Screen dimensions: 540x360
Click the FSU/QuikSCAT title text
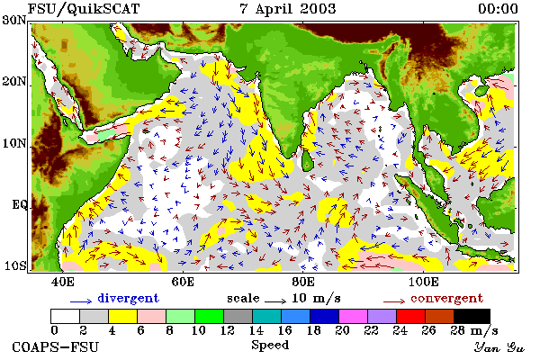pyautogui.click(x=84, y=9)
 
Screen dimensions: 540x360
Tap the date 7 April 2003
pyautogui.click(x=288, y=9)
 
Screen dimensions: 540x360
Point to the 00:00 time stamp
pyautogui.click(x=498, y=9)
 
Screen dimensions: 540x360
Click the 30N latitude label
pyautogui.click(x=14, y=20)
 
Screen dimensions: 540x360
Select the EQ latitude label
pyautogui.click(x=19, y=205)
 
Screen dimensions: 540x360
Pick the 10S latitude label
pyautogui.click(x=14, y=266)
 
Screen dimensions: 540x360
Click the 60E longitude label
pyautogui.click(x=183, y=282)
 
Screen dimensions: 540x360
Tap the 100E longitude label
pyautogui.click(x=424, y=282)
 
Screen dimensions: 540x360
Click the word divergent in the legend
pyautogui.click(x=128, y=298)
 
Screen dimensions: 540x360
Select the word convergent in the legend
pyautogui.click(x=447, y=298)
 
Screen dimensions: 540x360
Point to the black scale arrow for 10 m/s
pyautogui.click(x=275, y=301)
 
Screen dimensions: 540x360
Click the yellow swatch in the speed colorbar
pyautogui.click(x=123, y=316)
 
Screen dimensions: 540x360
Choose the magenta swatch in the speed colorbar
pyautogui.click(x=353, y=316)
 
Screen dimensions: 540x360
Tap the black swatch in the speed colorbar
pyautogui.click(x=472, y=316)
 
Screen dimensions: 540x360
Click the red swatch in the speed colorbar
pyautogui.click(x=410, y=316)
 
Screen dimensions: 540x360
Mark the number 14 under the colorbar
pyautogui.click(x=256, y=330)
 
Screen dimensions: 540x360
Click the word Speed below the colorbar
pyautogui.click(x=270, y=346)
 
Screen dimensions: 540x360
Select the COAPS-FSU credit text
pyautogui.click(x=55, y=347)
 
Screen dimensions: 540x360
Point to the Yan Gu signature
pyautogui.click(x=499, y=347)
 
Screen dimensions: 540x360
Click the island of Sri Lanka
pyautogui.click(x=307, y=160)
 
